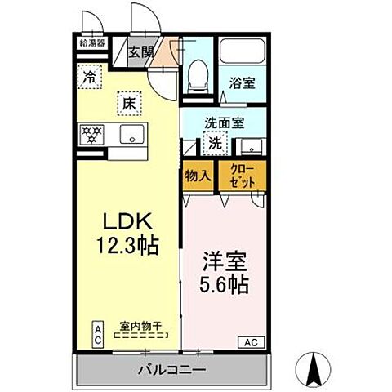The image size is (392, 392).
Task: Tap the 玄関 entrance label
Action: click(141, 52)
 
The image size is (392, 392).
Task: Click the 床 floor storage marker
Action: click(129, 103)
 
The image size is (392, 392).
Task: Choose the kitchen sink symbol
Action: click(131, 134)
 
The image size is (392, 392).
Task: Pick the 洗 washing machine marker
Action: click(215, 143)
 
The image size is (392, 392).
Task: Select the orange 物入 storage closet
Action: click(198, 176)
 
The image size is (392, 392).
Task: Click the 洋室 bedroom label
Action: click(221, 265)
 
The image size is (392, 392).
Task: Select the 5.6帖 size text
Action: click(223, 287)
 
